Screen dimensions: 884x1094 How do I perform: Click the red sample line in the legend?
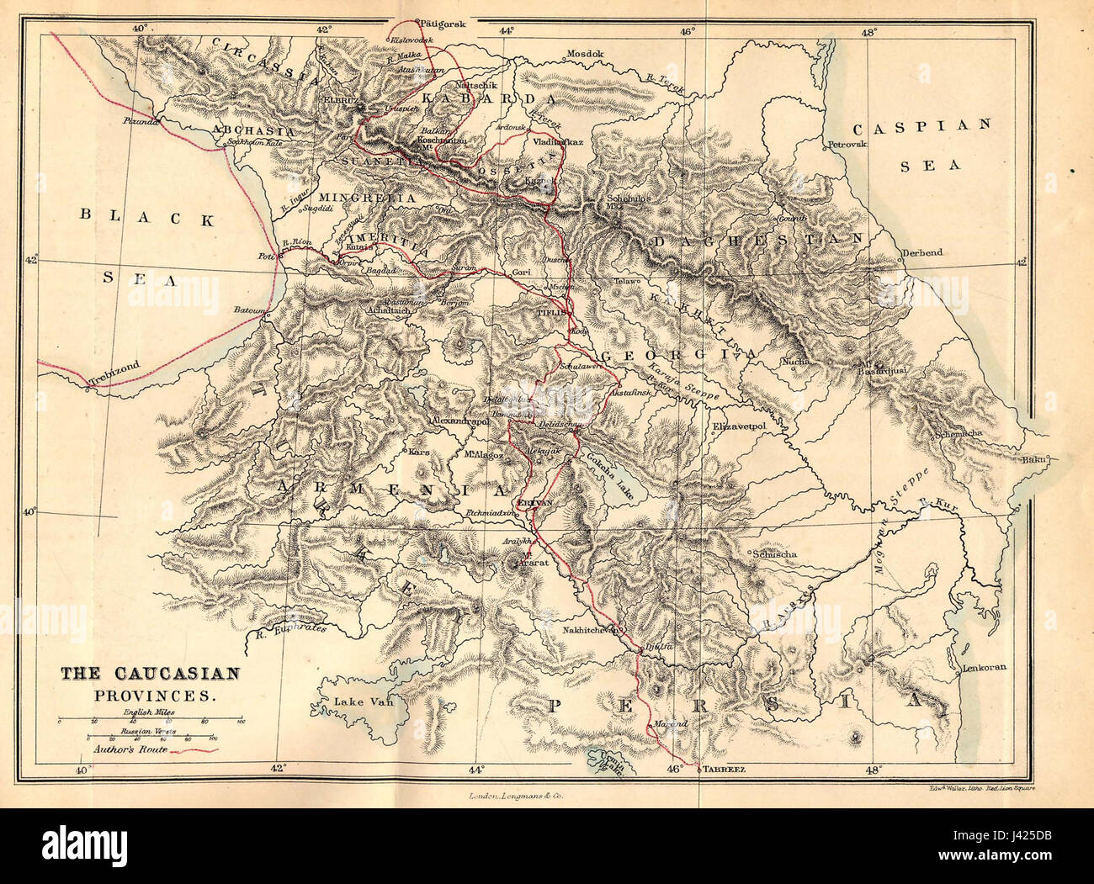pos(194,749)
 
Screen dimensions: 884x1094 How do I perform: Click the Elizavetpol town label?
pos(742,427)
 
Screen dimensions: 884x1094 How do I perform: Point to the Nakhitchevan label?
pos(586,628)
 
